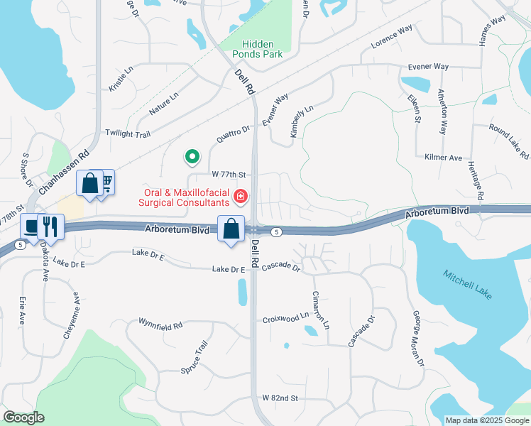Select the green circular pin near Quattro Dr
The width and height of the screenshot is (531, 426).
(191, 156)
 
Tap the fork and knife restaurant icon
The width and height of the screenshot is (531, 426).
(50, 227)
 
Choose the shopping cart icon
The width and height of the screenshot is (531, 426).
(105, 183)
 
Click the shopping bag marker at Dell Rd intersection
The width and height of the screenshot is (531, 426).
(231, 229)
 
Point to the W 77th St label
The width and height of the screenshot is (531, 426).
(228, 174)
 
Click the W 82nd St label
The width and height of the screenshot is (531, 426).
(279, 398)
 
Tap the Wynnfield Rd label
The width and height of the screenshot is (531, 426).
(160, 323)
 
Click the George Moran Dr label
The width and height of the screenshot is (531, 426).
(416, 339)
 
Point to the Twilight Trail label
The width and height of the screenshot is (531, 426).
(128, 133)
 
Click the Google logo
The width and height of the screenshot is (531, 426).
(23, 417)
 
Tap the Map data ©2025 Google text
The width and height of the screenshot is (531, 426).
(487, 420)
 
